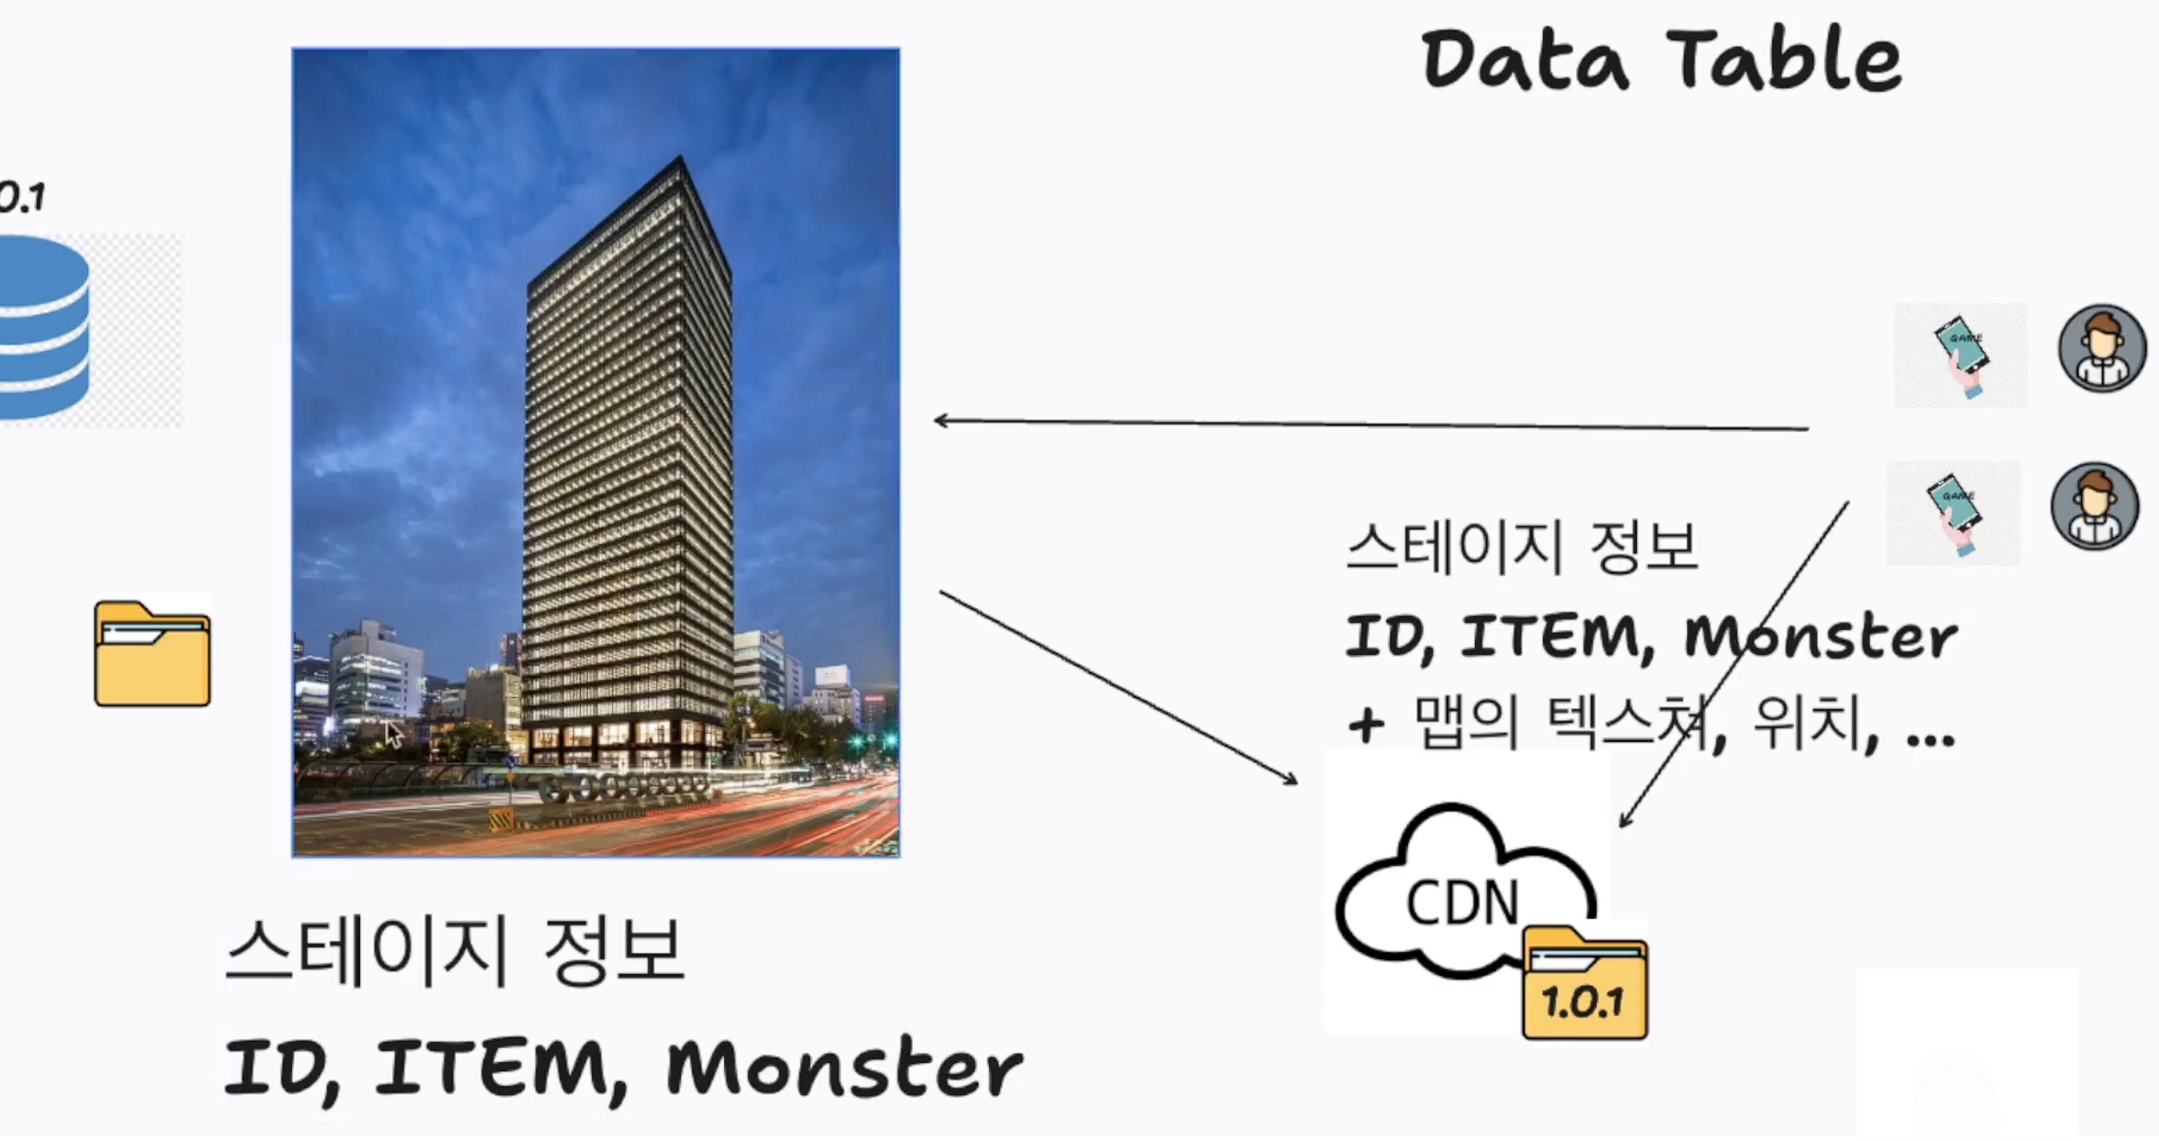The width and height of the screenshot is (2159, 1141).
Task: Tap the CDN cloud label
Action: [x=1462, y=902]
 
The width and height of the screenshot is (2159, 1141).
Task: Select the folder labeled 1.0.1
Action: [x=1583, y=985]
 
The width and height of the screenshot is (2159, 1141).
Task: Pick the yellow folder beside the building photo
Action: [x=152, y=654]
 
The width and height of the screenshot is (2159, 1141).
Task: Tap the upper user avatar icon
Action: [x=2102, y=348]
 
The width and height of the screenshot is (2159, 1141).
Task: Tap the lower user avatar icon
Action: [x=2095, y=506]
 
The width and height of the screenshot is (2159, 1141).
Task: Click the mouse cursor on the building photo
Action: [x=393, y=733]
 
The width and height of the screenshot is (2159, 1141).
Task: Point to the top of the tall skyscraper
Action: [x=680, y=162]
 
